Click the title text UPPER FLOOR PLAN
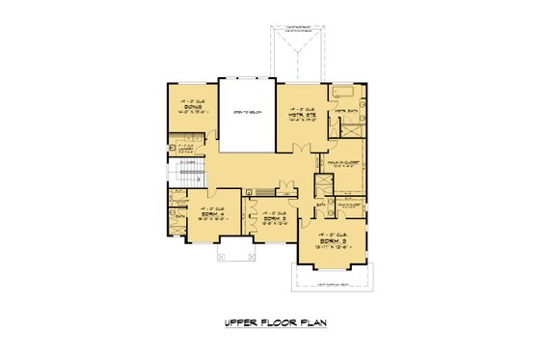tap(269, 323)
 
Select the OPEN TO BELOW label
tap(247, 113)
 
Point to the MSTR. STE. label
tap(297, 116)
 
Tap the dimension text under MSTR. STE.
tap(297, 122)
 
